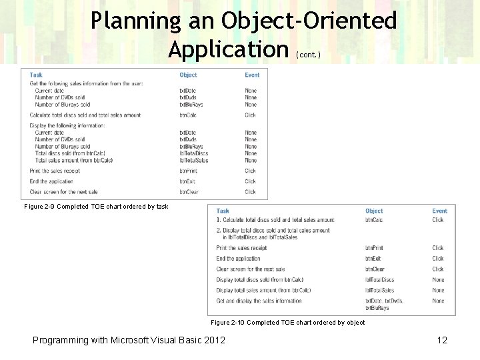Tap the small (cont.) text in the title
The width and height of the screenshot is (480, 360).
[309, 54]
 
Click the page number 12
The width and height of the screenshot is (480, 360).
[441, 340]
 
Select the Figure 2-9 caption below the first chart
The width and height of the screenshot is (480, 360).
[96, 207]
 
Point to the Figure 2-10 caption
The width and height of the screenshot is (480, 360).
[287, 323]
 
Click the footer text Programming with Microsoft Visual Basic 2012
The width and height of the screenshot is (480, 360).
[129, 340]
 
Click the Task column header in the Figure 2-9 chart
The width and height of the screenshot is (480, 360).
[36, 75]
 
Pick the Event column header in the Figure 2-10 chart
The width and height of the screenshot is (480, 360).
[439, 211]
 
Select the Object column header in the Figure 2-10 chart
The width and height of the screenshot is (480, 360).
[374, 211]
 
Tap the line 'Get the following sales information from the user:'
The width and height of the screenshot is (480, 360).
[86, 83]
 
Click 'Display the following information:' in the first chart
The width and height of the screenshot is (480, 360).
[70, 125]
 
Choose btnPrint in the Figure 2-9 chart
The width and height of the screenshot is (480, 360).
[188, 171]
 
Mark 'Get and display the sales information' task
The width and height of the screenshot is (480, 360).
[259, 301]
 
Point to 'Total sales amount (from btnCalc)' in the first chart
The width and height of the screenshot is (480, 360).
[74, 160]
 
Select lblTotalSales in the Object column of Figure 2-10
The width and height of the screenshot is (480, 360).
[379, 290]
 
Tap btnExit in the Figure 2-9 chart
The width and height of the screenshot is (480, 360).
[187, 181]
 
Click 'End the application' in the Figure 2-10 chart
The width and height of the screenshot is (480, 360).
[238, 259]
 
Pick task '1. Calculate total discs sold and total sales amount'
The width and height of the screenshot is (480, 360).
[275, 220]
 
